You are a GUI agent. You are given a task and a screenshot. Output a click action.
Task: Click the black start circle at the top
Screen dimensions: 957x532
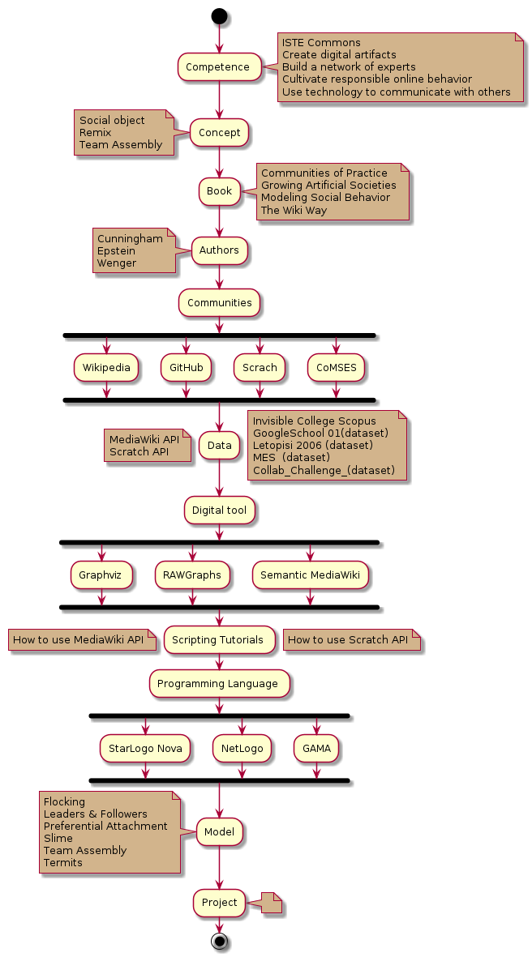click(219, 15)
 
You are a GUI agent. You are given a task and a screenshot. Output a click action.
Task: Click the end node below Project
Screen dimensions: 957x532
click(219, 941)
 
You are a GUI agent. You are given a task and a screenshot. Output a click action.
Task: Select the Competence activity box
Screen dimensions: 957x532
click(219, 66)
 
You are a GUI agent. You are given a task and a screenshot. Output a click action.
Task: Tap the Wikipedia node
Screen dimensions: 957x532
click(105, 367)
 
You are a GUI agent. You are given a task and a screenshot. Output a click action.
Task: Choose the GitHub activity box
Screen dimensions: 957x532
click(186, 367)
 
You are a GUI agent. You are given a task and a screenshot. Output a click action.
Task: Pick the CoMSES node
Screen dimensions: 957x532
click(337, 367)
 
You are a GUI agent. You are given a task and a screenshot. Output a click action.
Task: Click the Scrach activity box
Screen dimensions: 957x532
click(260, 367)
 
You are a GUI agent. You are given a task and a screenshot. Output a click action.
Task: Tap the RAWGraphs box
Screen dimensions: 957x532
click(192, 575)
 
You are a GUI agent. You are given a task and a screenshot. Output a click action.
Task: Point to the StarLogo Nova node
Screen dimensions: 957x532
click(145, 748)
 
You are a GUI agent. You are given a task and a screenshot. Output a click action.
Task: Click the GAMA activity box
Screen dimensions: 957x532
click(316, 748)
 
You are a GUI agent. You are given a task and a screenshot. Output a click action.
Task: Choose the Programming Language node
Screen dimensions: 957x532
click(219, 683)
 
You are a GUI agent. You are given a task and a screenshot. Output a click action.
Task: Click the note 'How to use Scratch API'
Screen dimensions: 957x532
click(348, 639)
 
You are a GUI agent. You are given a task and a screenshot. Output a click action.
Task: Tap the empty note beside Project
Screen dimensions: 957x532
click(271, 902)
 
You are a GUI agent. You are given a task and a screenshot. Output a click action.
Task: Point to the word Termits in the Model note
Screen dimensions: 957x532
click(63, 863)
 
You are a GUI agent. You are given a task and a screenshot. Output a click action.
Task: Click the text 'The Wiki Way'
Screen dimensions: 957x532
click(294, 210)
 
